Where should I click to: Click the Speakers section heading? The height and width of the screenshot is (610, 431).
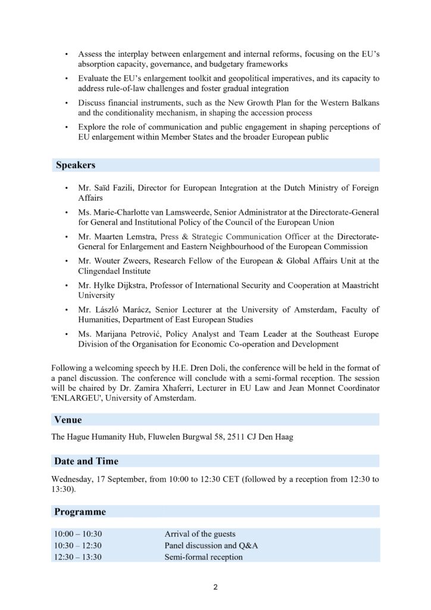pos(76,165)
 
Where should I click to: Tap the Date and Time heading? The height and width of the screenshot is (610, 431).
pos(86,461)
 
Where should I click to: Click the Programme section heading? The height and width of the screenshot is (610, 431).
pos(80,512)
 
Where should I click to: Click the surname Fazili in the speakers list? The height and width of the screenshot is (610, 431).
pos(127,188)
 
